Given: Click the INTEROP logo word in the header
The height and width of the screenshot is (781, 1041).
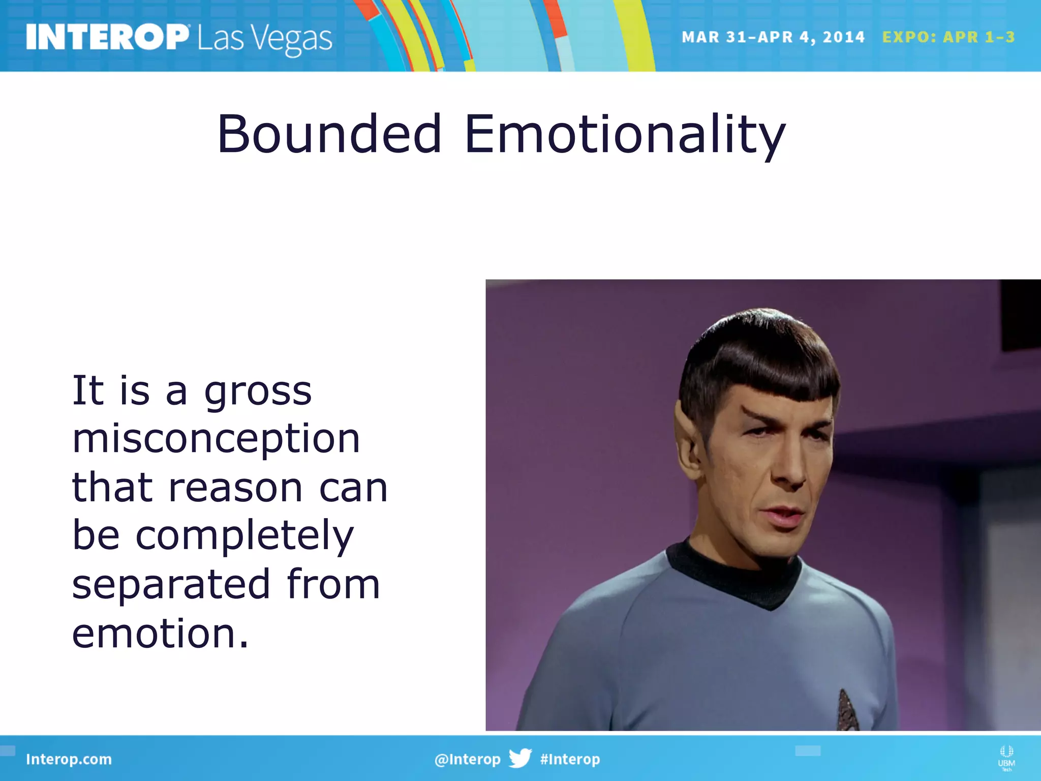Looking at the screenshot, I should [107, 37].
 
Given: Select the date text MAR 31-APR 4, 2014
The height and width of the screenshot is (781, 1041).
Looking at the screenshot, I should [773, 37].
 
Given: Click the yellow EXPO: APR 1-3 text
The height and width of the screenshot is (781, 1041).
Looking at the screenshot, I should [948, 37].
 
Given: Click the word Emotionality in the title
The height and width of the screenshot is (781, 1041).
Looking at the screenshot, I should [625, 135].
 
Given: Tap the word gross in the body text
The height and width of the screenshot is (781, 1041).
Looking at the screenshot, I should [258, 392].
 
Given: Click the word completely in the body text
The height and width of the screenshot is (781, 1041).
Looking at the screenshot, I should [244, 536].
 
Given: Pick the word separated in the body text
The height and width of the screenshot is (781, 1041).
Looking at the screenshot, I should [171, 584].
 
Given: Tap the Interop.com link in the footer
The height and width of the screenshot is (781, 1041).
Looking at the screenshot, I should [69, 759].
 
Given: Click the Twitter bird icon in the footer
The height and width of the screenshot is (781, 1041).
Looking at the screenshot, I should [520, 758].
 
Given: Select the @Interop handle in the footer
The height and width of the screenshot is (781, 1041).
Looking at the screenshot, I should [467, 759].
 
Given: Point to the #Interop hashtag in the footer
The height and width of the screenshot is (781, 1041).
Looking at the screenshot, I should [570, 759].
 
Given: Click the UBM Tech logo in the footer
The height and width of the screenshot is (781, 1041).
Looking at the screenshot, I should [1006, 758].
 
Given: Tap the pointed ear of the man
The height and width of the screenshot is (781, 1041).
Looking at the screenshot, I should [689, 437].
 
